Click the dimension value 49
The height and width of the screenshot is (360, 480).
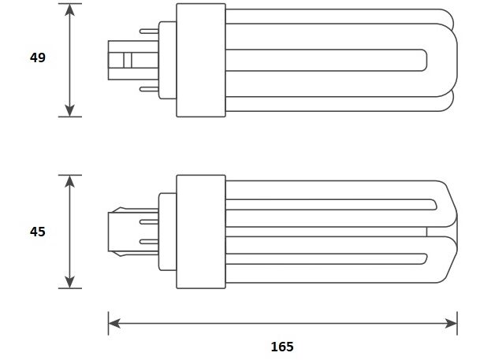(37, 58)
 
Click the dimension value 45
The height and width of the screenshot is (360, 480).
(37, 232)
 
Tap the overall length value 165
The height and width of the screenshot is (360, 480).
(281, 346)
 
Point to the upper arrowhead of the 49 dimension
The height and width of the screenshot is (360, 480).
(70, 10)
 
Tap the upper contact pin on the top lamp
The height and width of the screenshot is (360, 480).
(147, 32)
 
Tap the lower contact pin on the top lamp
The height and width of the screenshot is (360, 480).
(147, 89)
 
